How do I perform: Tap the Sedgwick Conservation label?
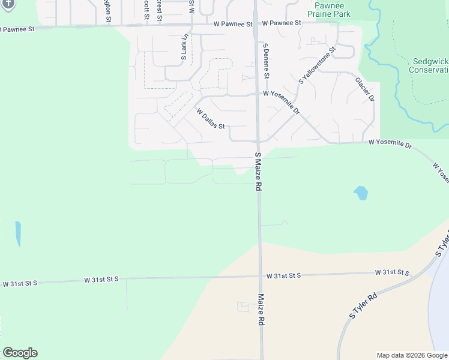coord(430,65)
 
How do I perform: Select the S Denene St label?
coord(265,61)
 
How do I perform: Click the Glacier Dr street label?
coord(364,89)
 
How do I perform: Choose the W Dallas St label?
coord(209,118)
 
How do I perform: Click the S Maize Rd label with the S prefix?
coord(258,172)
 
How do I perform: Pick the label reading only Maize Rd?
coord(262,309)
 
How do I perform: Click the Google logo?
coord(20,353)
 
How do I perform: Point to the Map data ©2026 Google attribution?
coord(412,355)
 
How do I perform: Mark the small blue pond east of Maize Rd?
coord(361,193)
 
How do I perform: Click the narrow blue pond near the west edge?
coord(18,233)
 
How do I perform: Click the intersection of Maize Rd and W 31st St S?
coord(260,277)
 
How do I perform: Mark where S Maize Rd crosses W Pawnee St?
coord(256,25)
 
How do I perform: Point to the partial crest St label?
coord(160,9)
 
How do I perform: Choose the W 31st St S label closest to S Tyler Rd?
coord(392,272)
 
